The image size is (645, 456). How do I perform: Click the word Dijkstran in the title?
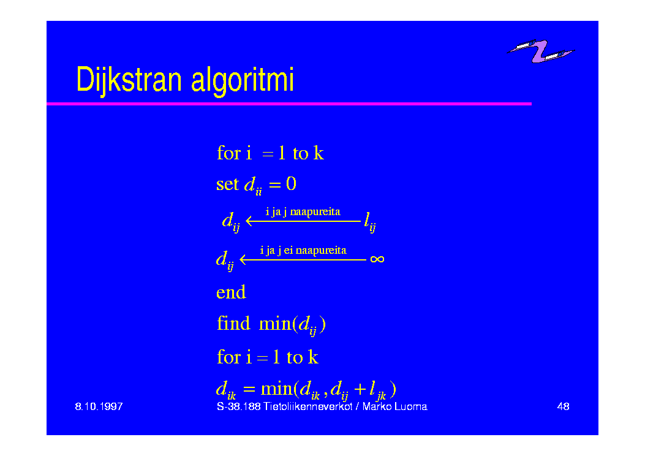(x=129, y=80)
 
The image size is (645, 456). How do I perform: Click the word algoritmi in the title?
(x=243, y=80)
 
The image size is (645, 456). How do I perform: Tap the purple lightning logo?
(x=541, y=51)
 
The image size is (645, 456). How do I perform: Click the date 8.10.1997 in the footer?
(x=99, y=406)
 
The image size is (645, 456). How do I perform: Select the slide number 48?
(x=563, y=406)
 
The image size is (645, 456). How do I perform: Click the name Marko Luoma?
(x=395, y=406)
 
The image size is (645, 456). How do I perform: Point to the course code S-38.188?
(x=239, y=406)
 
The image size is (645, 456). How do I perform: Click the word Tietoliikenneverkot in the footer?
(x=307, y=406)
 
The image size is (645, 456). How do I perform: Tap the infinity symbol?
(x=377, y=259)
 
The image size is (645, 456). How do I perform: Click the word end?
(x=231, y=292)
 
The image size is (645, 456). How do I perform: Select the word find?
(x=233, y=323)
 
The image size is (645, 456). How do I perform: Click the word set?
(x=227, y=184)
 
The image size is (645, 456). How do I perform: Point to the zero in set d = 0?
(x=291, y=183)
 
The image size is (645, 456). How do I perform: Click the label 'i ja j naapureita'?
(x=303, y=212)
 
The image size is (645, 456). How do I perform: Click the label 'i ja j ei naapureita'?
(x=303, y=250)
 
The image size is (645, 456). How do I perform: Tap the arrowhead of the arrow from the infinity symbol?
(x=243, y=260)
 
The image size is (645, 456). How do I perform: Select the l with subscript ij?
(x=370, y=222)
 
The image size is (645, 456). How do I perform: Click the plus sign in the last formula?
(x=360, y=389)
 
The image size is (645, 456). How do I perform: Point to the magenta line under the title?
(x=289, y=104)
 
